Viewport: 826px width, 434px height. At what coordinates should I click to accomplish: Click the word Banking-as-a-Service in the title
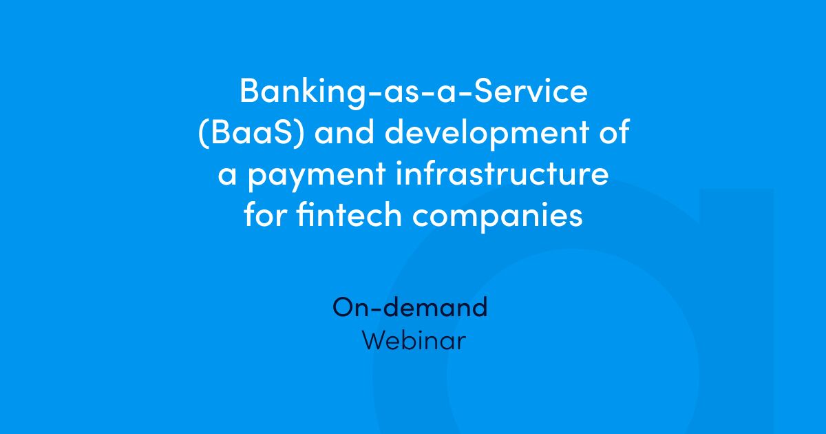[x=413, y=92]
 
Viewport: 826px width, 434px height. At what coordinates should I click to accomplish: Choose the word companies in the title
[x=498, y=216]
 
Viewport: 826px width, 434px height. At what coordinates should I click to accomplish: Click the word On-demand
[x=410, y=307]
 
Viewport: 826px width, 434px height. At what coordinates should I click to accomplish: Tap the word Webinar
[x=414, y=341]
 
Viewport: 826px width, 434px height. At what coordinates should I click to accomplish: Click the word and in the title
[x=348, y=133]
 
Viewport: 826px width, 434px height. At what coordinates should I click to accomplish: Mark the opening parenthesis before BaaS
[x=202, y=133]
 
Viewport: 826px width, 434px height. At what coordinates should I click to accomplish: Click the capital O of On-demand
[x=343, y=307]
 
